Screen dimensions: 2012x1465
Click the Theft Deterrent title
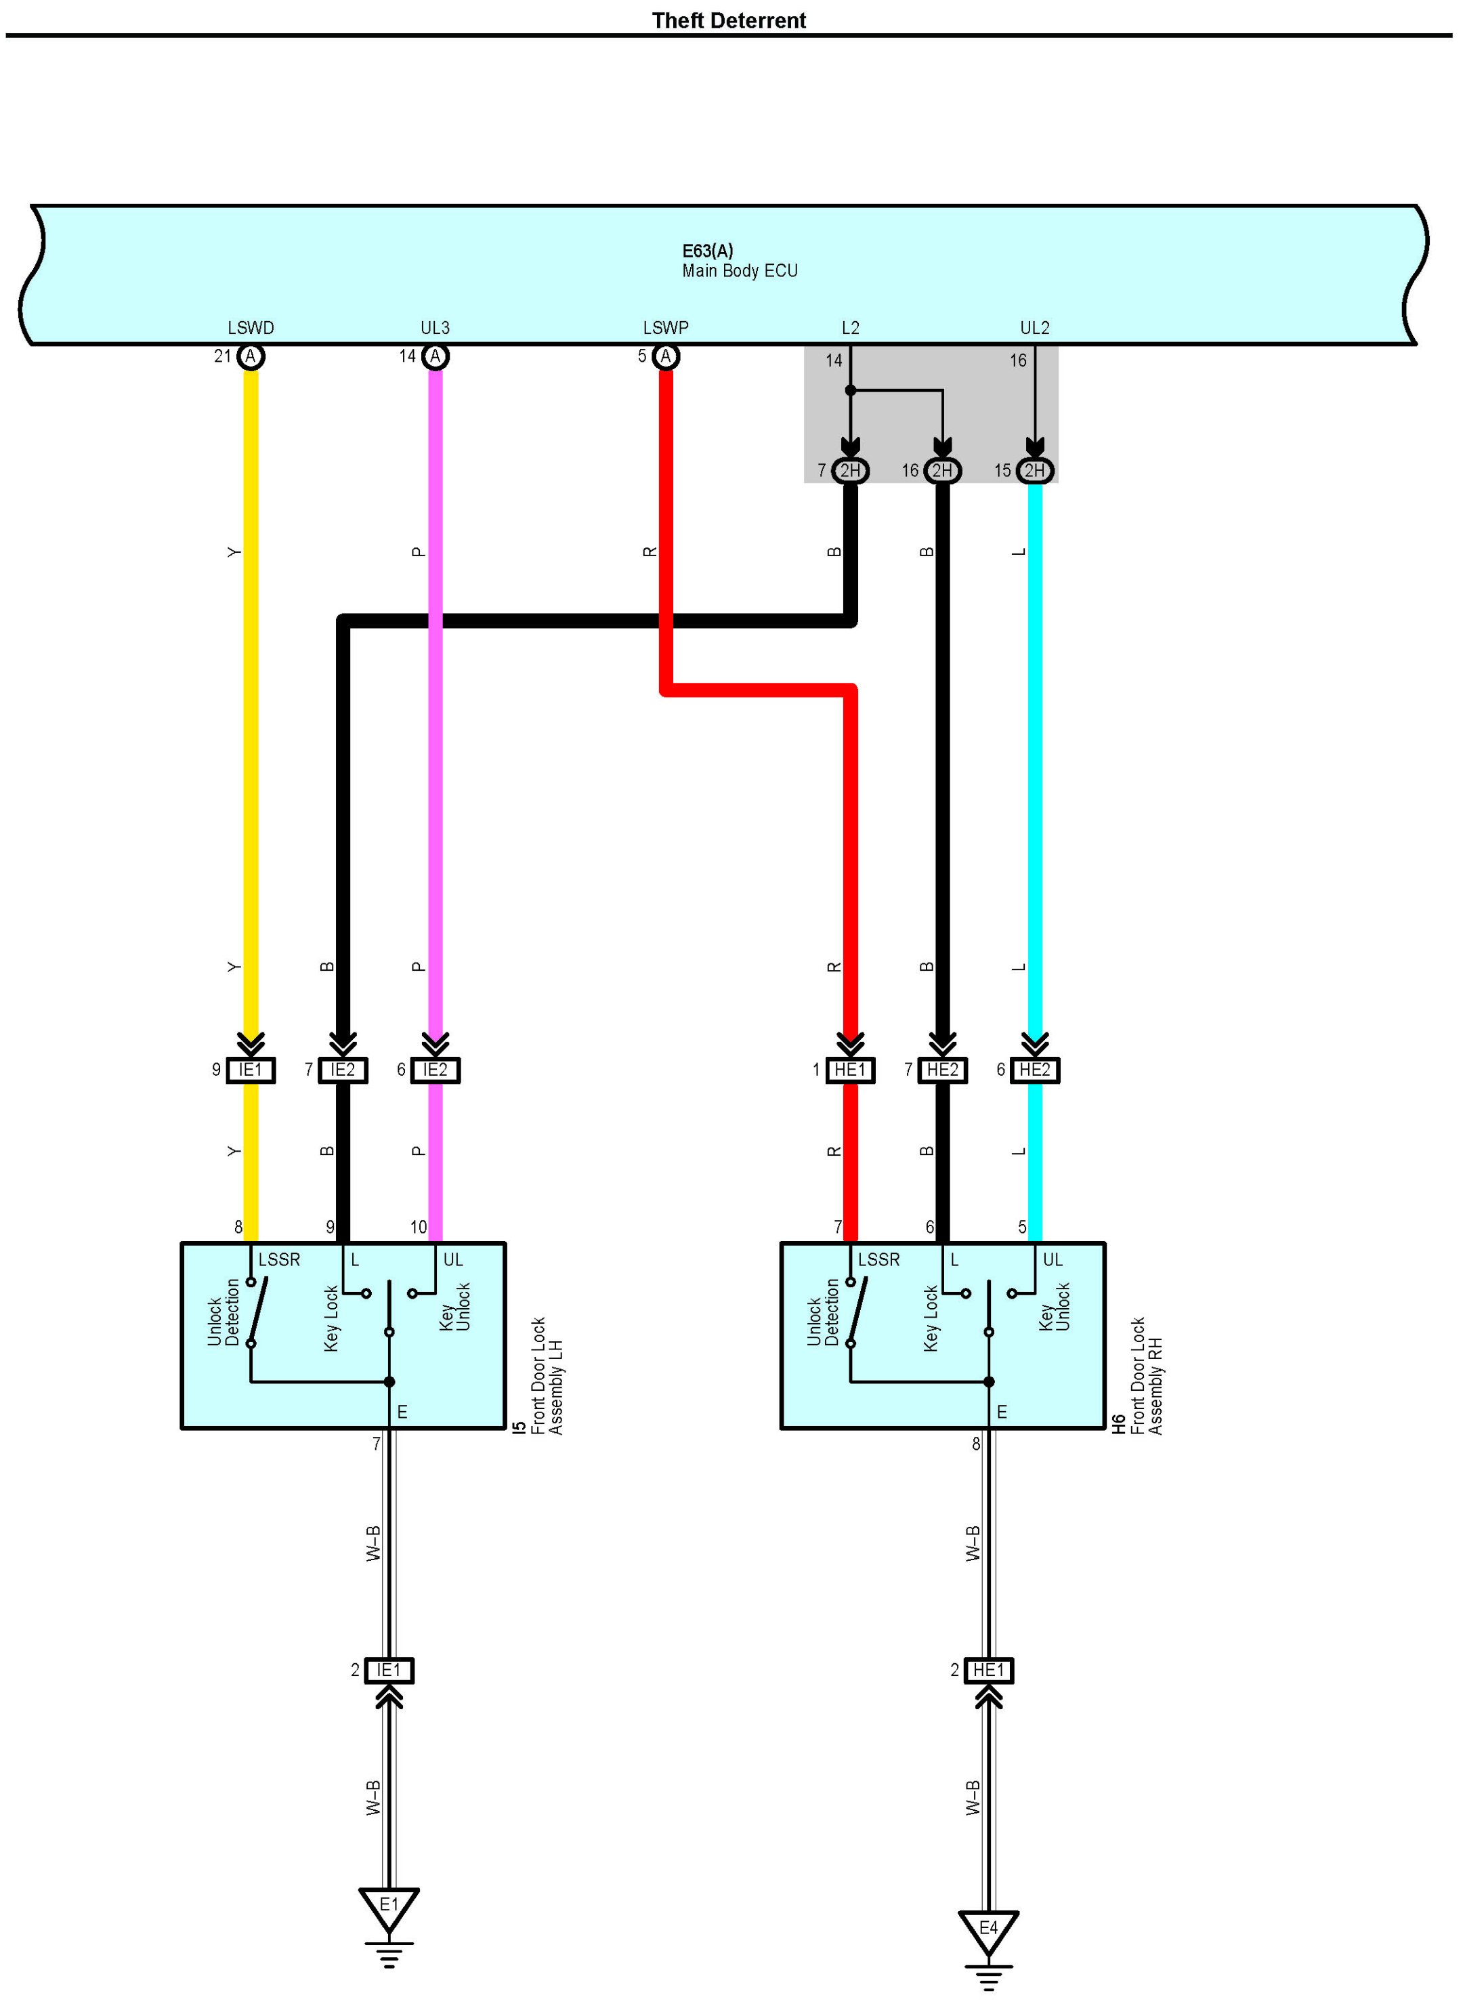click(x=728, y=20)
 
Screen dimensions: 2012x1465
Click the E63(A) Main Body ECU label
click(x=739, y=261)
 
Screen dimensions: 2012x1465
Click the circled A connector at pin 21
click(x=251, y=356)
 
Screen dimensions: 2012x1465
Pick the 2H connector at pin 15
click(x=1034, y=470)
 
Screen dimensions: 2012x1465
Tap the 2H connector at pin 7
click(x=849, y=470)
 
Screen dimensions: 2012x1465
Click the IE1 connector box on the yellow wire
click(x=251, y=1070)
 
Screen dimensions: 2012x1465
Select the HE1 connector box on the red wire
click(x=849, y=1070)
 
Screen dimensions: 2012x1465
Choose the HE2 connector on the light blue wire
click(x=1034, y=1070)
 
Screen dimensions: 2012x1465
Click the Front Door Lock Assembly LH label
click(x=547, y=1376)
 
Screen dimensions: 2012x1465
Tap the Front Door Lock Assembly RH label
click(x=1146, y=1376)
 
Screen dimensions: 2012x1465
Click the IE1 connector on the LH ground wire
click(x=388, y=1671)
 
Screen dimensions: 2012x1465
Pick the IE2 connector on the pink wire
click(x=435, y=1070)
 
